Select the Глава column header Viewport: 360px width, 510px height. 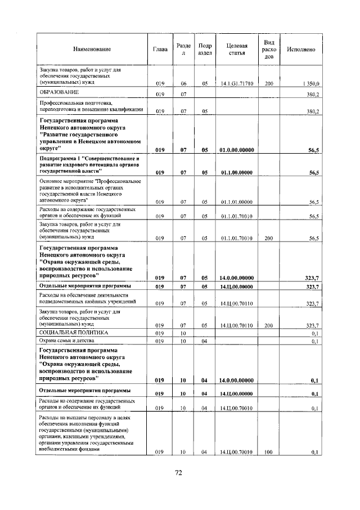pos(160,50)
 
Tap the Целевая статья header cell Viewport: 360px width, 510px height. pos(236,50)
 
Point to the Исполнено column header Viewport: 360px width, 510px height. pos(300,50)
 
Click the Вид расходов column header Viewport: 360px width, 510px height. pos(269,50)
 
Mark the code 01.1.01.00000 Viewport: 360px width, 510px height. pos(237,202)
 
